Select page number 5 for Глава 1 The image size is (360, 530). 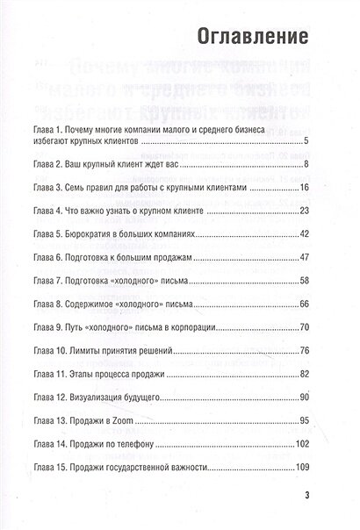coord(304,140)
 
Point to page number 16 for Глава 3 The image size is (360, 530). coord(301,187)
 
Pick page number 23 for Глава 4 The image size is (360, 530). coord(301,211)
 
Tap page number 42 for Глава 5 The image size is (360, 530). coord(301,235)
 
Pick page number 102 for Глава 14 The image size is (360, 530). coord(299,443)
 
